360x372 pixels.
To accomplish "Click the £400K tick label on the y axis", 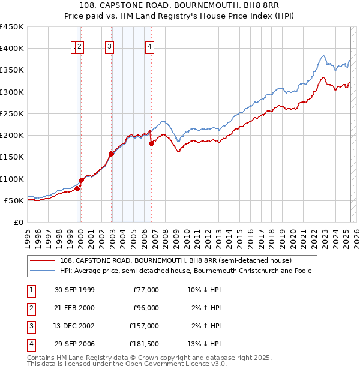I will point(12,49).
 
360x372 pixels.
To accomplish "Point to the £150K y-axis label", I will point(12,157).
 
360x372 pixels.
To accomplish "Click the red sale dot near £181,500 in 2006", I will point(151,143).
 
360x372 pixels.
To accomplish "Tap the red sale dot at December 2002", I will point(111,154).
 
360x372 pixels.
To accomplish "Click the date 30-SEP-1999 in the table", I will point(74,290).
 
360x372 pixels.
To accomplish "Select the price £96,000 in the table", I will point(146,308).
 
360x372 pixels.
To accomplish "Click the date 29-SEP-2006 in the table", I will point(74,344).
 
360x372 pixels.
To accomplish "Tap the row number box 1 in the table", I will point(30,290).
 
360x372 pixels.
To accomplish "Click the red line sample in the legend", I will point(43,260).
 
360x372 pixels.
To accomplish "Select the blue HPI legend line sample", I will point(43,271).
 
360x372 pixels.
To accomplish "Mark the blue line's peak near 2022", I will point(323,56).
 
